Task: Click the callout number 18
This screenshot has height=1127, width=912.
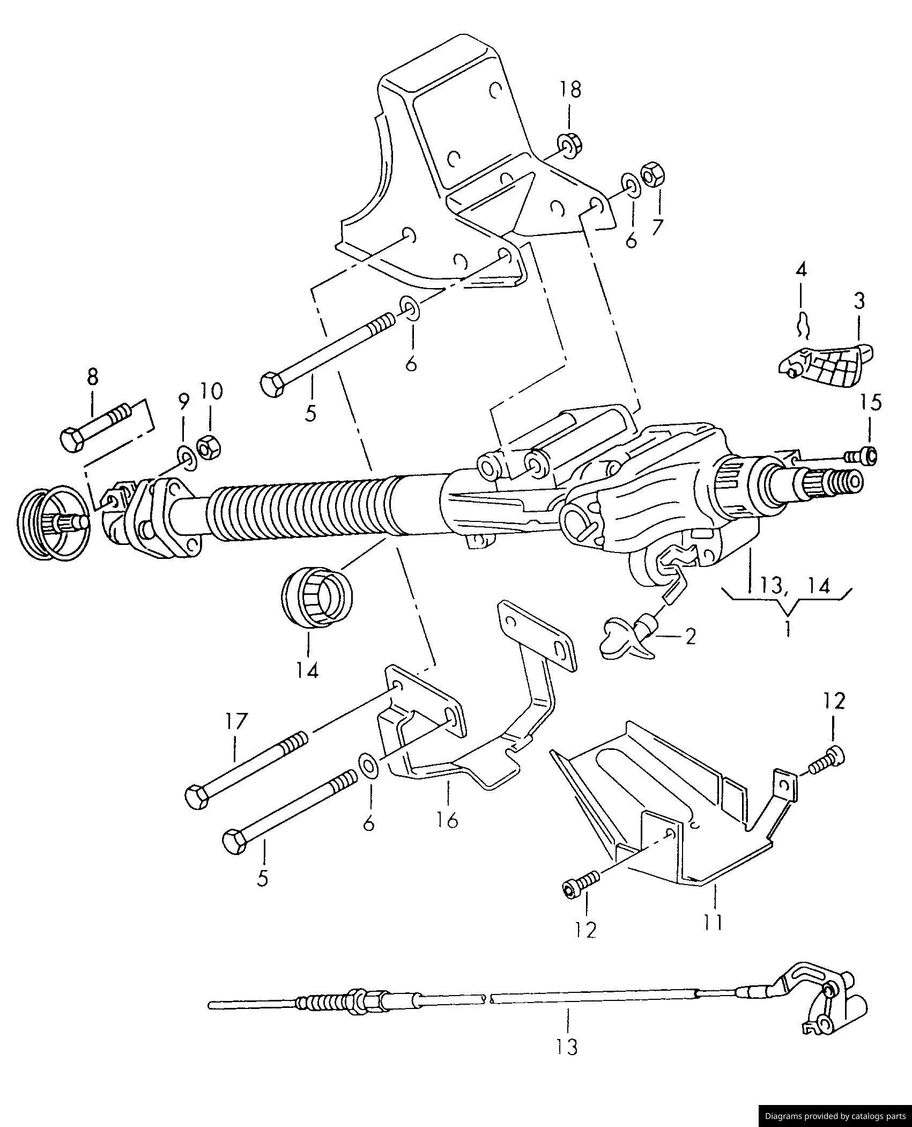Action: [570, 90]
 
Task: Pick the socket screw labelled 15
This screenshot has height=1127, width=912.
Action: [862, 455]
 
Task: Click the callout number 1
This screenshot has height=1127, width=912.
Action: [788, 628]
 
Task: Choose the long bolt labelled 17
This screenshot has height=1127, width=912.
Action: [246, 770]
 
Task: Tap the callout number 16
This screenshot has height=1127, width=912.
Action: [448, 820]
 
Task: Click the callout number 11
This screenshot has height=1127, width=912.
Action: [714, 921]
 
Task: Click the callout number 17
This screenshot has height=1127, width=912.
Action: [235, 721]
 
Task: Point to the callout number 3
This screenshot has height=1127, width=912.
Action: [859, 301]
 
